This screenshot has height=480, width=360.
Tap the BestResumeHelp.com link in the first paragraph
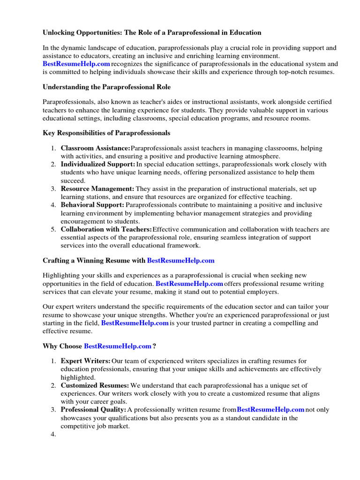[x=76, y=64]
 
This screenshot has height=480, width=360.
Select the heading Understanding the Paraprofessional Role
[x=106, y=87]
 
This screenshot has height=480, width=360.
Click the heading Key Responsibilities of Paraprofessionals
[x=106, y=133]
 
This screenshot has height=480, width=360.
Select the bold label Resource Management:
[x=97, y=189]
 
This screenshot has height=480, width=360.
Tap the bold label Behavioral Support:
[x=92, y=205]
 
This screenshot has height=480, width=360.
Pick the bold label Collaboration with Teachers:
[x=106, y=229]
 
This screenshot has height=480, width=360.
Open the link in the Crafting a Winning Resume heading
[x=180, y=260]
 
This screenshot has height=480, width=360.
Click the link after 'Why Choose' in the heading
[x=118, y=346]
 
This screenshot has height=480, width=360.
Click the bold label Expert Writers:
[x=85, y=361]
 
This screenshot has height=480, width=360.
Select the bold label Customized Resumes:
[x=95, y=385]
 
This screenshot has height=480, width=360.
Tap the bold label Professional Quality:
[x=93, y=410]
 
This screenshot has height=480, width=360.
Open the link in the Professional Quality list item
[x=270, y=410]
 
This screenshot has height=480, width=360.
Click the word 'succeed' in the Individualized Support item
[x=73, y=181]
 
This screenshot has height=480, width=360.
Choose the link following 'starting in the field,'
[x=135, y=323]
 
